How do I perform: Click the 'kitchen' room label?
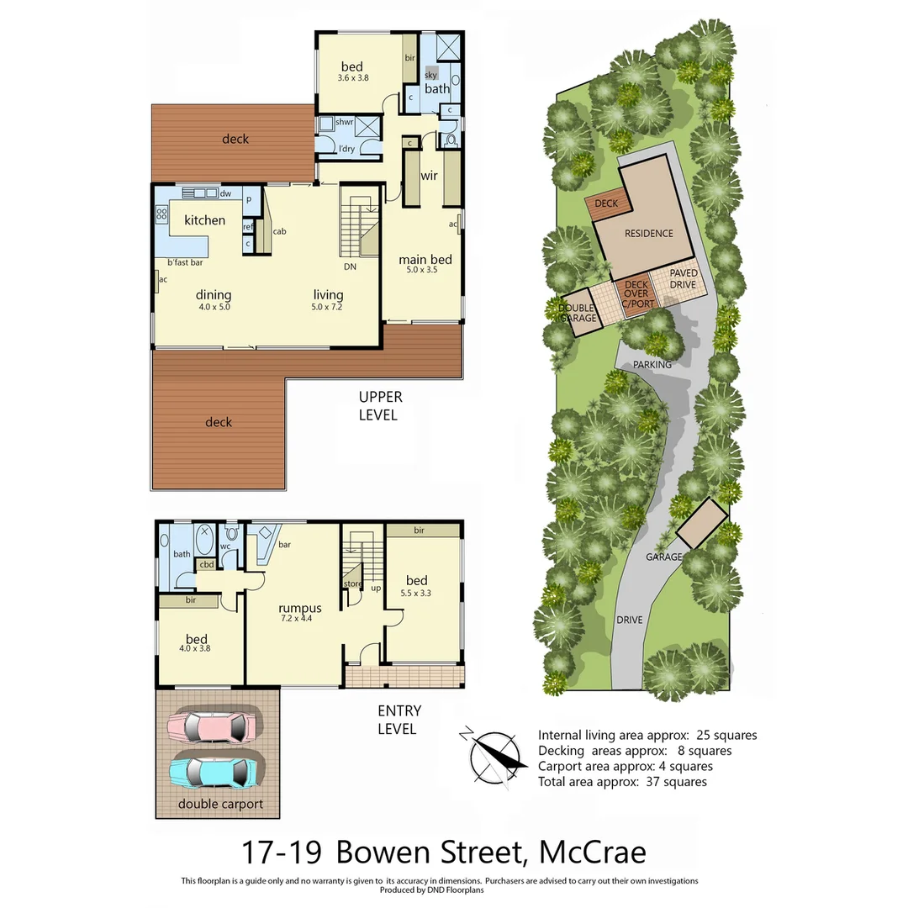(x=204, y=220)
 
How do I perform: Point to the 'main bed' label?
(x=425, y=260)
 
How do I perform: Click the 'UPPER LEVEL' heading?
(x=380, y=405)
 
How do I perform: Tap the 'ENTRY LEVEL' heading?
(x=397, y=721)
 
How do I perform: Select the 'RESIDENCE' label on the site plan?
(x=648, y=234)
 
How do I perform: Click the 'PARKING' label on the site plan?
(x=652, y=365)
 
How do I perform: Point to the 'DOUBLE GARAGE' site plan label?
(x=578, y=314)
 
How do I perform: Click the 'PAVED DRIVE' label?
(x=682, y=280)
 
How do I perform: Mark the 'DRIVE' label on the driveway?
(x=629, y=620)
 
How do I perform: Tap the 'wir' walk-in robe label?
(x=429, y=176)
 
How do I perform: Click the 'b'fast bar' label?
(x=185, y=263)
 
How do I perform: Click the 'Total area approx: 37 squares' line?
(x=622, y=782)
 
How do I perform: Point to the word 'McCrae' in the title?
(x=591, y=852)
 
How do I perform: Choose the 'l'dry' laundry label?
(x=346, y=149)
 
